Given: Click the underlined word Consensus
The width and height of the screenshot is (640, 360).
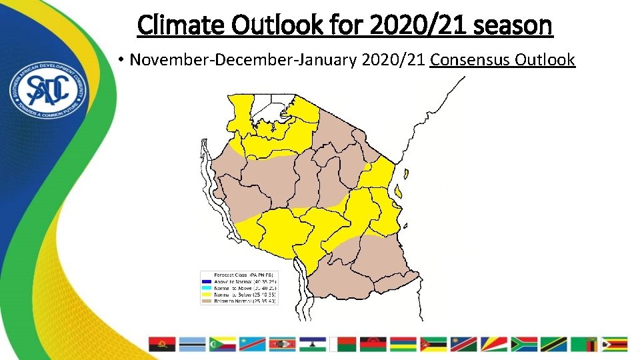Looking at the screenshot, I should click(470, 60).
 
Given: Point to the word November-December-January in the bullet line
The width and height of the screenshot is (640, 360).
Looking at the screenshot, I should click(243, 60).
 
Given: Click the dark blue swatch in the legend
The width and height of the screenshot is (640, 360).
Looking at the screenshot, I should click(207, 281).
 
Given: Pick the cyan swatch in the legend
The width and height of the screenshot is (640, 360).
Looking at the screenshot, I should click(207, 287).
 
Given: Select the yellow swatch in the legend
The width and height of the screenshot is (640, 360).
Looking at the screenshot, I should click(207, 294).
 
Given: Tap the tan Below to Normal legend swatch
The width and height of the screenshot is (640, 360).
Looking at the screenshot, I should click(207, 301).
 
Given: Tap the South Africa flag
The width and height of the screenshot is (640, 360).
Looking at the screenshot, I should click(524, 344).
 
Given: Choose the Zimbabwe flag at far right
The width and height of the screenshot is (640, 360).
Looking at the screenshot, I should click(615, 344).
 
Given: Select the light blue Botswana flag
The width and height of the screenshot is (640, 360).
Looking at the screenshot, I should click(192, 344).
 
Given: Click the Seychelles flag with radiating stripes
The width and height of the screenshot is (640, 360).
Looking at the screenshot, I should click(493, 344).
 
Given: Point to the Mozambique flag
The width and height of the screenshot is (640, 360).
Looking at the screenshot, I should click(433, 344).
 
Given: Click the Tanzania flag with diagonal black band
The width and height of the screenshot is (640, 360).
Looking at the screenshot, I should click(554, 344).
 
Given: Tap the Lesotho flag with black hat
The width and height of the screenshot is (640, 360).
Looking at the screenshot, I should click(313, 344).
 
